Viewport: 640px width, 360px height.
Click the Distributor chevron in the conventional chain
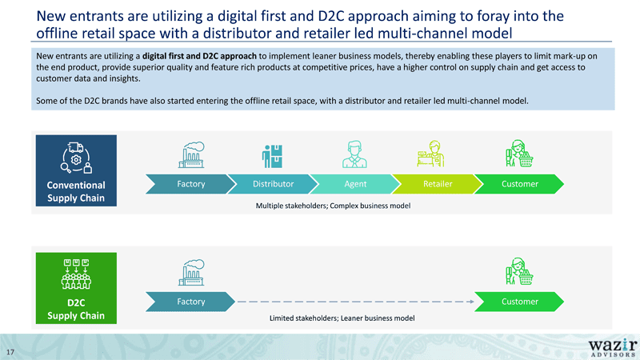click(x=273, y=184)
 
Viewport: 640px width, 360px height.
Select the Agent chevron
click(x=355, y=184)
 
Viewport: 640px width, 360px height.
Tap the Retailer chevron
click(x=438, y=184)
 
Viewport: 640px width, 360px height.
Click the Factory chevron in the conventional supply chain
click(x=190, y=184)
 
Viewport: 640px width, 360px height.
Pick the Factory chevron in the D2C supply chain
click(x=190, y=302)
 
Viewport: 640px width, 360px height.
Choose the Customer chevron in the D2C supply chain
click(x=519, y=302)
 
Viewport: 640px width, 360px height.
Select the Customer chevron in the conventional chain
click(x=519, y=184)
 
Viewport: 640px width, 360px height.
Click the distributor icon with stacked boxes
click(x=272, y=156)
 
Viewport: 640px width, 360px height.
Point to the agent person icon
click(x=354, y=154)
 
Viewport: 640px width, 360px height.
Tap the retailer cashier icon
click(x=430, y=154)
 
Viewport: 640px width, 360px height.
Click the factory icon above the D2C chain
click(x=191, y=272)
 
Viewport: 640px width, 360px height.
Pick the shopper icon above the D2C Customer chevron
click(x=519, y=271)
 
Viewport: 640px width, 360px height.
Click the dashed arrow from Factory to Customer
click(x=355, y=302)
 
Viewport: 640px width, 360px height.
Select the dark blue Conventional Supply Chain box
click(x=76, y=170)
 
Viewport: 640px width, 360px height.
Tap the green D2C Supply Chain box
click(x=76, y=288)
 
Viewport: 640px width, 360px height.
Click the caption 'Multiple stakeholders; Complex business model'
click(x=333, y=206)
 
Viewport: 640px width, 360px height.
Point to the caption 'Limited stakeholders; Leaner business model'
click(x=342, y=318)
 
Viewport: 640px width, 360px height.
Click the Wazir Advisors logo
click(x=613, y=348)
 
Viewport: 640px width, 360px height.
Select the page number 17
click(x=10, y=352)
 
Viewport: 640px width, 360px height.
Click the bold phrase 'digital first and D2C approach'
click(x=199, y=56)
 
